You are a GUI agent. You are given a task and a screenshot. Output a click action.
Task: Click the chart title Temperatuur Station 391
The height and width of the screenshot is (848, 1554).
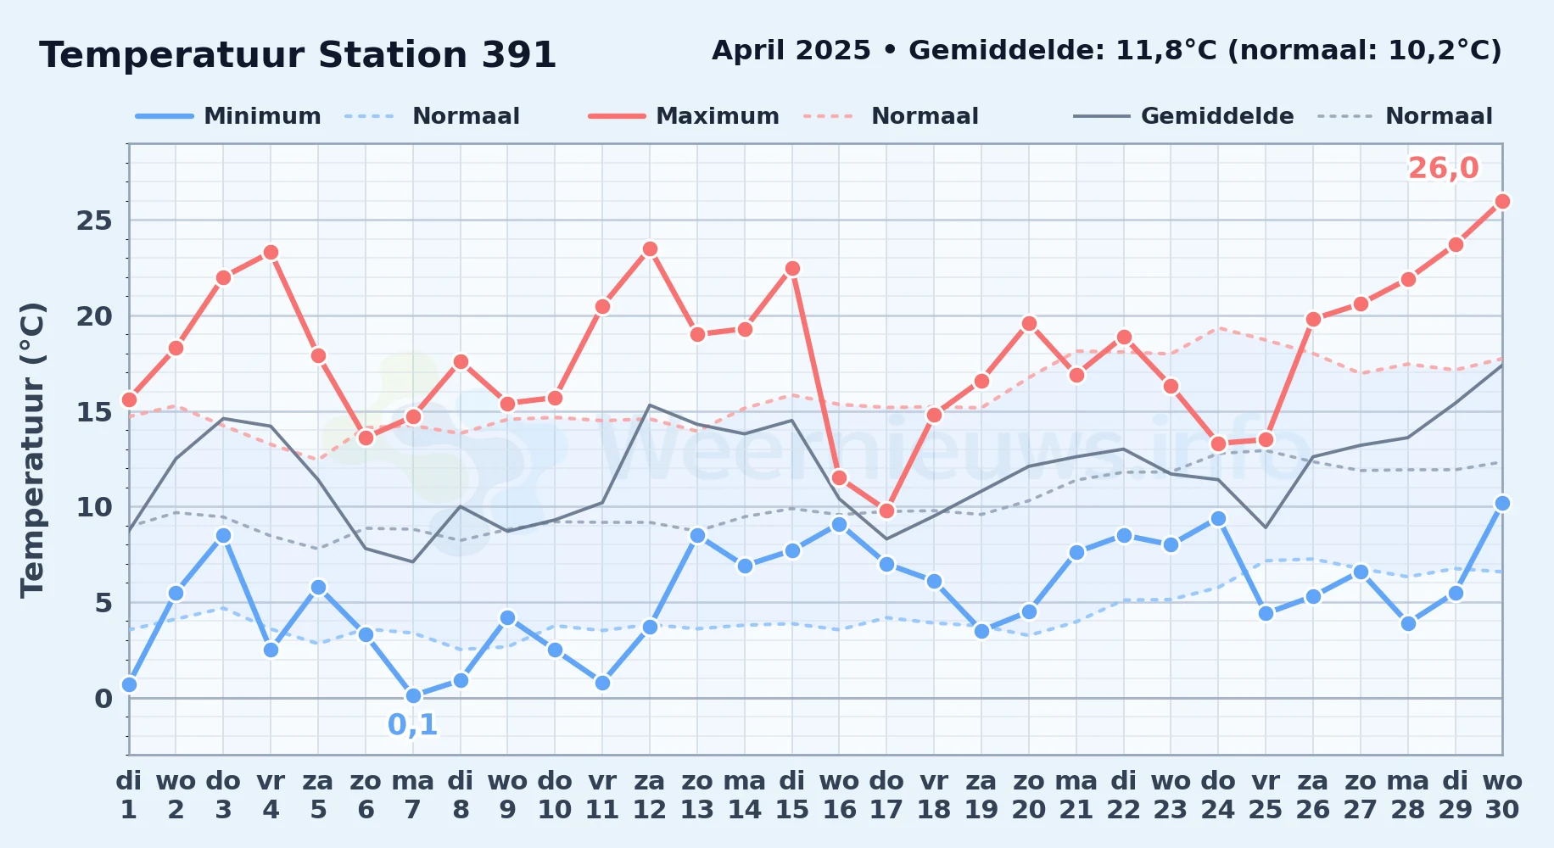tap(298, 55)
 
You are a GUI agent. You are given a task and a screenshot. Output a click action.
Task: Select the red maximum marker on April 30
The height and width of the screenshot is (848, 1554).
tap(1502, 201)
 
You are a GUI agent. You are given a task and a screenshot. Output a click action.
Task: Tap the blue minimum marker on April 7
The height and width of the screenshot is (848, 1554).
tap(413, 695)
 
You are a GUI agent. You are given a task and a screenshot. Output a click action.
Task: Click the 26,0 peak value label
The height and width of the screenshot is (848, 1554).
tap(1443, 168)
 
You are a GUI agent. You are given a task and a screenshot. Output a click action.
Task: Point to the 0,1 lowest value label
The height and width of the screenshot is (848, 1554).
tap(412, 724)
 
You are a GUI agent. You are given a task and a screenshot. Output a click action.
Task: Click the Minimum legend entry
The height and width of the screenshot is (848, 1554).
tap(228, 116)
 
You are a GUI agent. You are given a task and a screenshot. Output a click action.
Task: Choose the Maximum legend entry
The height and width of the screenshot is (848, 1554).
tap(684, 116)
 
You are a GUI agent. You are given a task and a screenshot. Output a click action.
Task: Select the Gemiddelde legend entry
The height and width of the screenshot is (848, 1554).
tap(1184, 116)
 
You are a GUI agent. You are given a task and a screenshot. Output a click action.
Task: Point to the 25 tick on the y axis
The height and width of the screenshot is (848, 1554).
tap(94, 220)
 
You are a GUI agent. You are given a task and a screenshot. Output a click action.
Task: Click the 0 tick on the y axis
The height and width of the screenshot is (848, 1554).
tap(103, 698)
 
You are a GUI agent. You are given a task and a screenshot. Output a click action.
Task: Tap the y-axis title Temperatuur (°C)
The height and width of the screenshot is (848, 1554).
tap(32, 449)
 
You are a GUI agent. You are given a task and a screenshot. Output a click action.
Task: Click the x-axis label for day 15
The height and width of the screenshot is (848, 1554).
tap(792, 795)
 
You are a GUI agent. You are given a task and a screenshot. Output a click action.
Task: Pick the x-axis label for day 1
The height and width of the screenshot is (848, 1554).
tap(129, 795)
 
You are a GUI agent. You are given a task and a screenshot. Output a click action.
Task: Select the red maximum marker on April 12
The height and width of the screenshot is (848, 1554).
tap(650, 248)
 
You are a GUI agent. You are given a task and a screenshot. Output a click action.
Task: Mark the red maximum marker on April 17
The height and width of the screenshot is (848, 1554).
tap(886, 510)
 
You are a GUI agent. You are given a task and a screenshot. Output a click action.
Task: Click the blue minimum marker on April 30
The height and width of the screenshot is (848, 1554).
tap(1502, 503)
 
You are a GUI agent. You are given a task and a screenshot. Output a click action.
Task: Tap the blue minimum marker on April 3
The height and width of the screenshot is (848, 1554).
tap(223, 535)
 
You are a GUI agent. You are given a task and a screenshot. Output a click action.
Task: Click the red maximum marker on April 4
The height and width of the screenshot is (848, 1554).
tap(271, 252)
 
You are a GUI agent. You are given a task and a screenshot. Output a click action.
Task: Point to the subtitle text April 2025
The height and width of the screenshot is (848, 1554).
tap(791, 51)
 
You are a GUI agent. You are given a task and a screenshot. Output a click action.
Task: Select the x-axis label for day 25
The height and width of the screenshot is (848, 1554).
tap(1265, 795)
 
